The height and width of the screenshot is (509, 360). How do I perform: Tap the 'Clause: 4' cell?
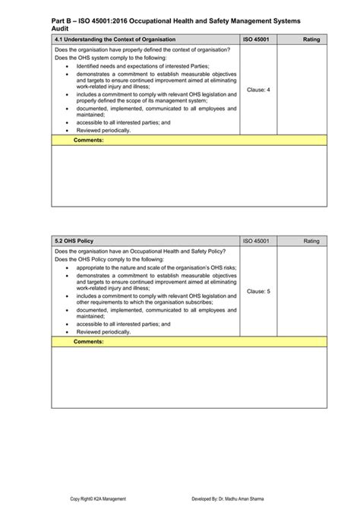(x=258, y=90)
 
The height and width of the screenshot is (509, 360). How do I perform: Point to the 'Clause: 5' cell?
(x=258, y=291)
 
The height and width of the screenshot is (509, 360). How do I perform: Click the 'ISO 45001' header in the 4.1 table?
(x=257, y=38)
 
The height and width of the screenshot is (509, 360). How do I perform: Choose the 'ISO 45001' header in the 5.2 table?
(x=257, y=241)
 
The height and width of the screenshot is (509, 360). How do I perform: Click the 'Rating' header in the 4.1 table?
(x=311, y=38)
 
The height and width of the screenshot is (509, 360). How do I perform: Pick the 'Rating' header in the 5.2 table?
(x=311, y=241)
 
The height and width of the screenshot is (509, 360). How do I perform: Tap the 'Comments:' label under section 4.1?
(x=88, y=140)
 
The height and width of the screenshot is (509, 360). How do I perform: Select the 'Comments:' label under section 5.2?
(x=88, y=342)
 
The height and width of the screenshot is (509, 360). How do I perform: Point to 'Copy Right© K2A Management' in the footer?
(x=103, y=498)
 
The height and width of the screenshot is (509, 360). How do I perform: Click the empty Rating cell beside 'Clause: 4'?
(x=302, y=90)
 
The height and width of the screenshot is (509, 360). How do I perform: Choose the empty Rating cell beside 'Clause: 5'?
(x=302, y=291)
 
